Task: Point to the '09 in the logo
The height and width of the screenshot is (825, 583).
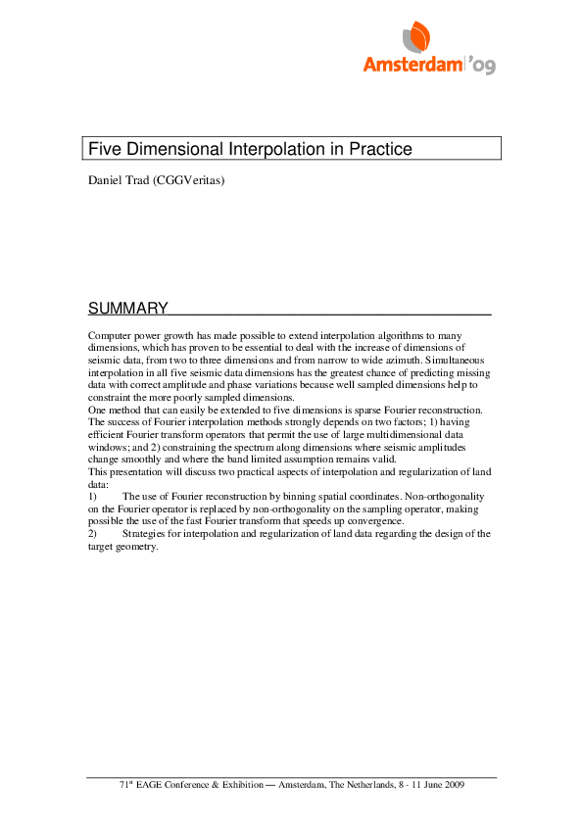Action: [482, 66]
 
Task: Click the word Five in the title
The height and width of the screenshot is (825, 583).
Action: [105, 149]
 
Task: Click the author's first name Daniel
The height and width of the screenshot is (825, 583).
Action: [105, 180]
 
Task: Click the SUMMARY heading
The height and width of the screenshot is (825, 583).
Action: [127, 309]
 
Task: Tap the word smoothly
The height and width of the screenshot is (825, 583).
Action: [144, 458]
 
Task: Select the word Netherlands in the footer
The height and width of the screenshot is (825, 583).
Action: [377, 786]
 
